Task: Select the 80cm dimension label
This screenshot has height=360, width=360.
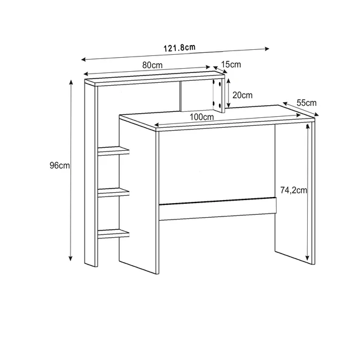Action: (x=152, y=65)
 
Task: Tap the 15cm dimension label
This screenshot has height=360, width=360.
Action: (x=231, y=64)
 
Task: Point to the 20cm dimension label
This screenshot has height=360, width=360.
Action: (x=243, y=95)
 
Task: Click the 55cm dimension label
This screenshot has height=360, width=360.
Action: (x=306, y=103)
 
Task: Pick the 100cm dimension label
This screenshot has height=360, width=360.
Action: (x=201, y=117)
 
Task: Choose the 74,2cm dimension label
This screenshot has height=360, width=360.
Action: (x=294, y=190)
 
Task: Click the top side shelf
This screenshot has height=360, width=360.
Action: (x=114, y=151)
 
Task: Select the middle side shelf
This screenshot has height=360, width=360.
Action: (x=114, y=193)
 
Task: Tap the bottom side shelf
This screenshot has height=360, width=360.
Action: (x=114, y=232)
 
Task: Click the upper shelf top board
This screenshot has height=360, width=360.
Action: (x=152, y=76)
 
